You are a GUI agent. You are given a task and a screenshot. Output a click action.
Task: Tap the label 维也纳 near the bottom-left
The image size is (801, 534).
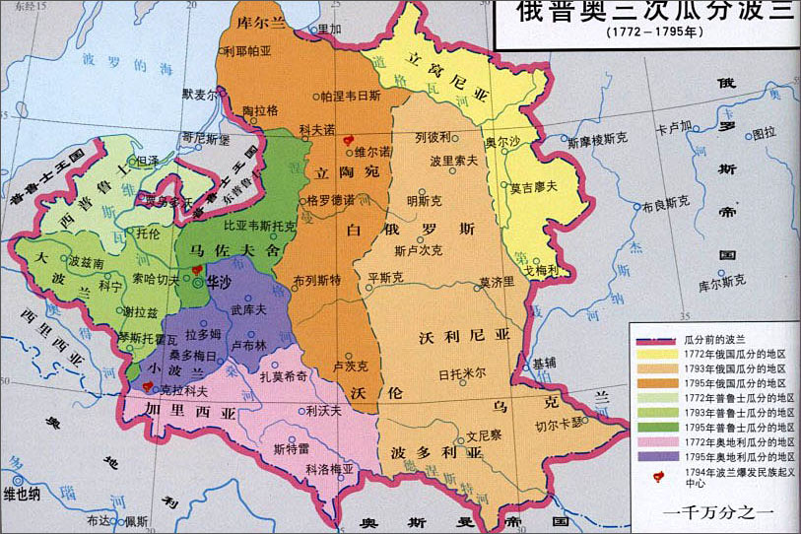[x=23, y=494]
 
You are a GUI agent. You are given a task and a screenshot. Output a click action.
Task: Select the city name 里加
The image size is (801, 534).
[x=327, y=30]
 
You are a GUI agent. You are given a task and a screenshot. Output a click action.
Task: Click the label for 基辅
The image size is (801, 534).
[x=545, y=362]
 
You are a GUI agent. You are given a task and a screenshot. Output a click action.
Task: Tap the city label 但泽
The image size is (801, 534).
[x=148, y=160]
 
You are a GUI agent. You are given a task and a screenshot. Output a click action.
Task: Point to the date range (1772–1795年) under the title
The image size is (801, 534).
[x=647, y=31]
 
